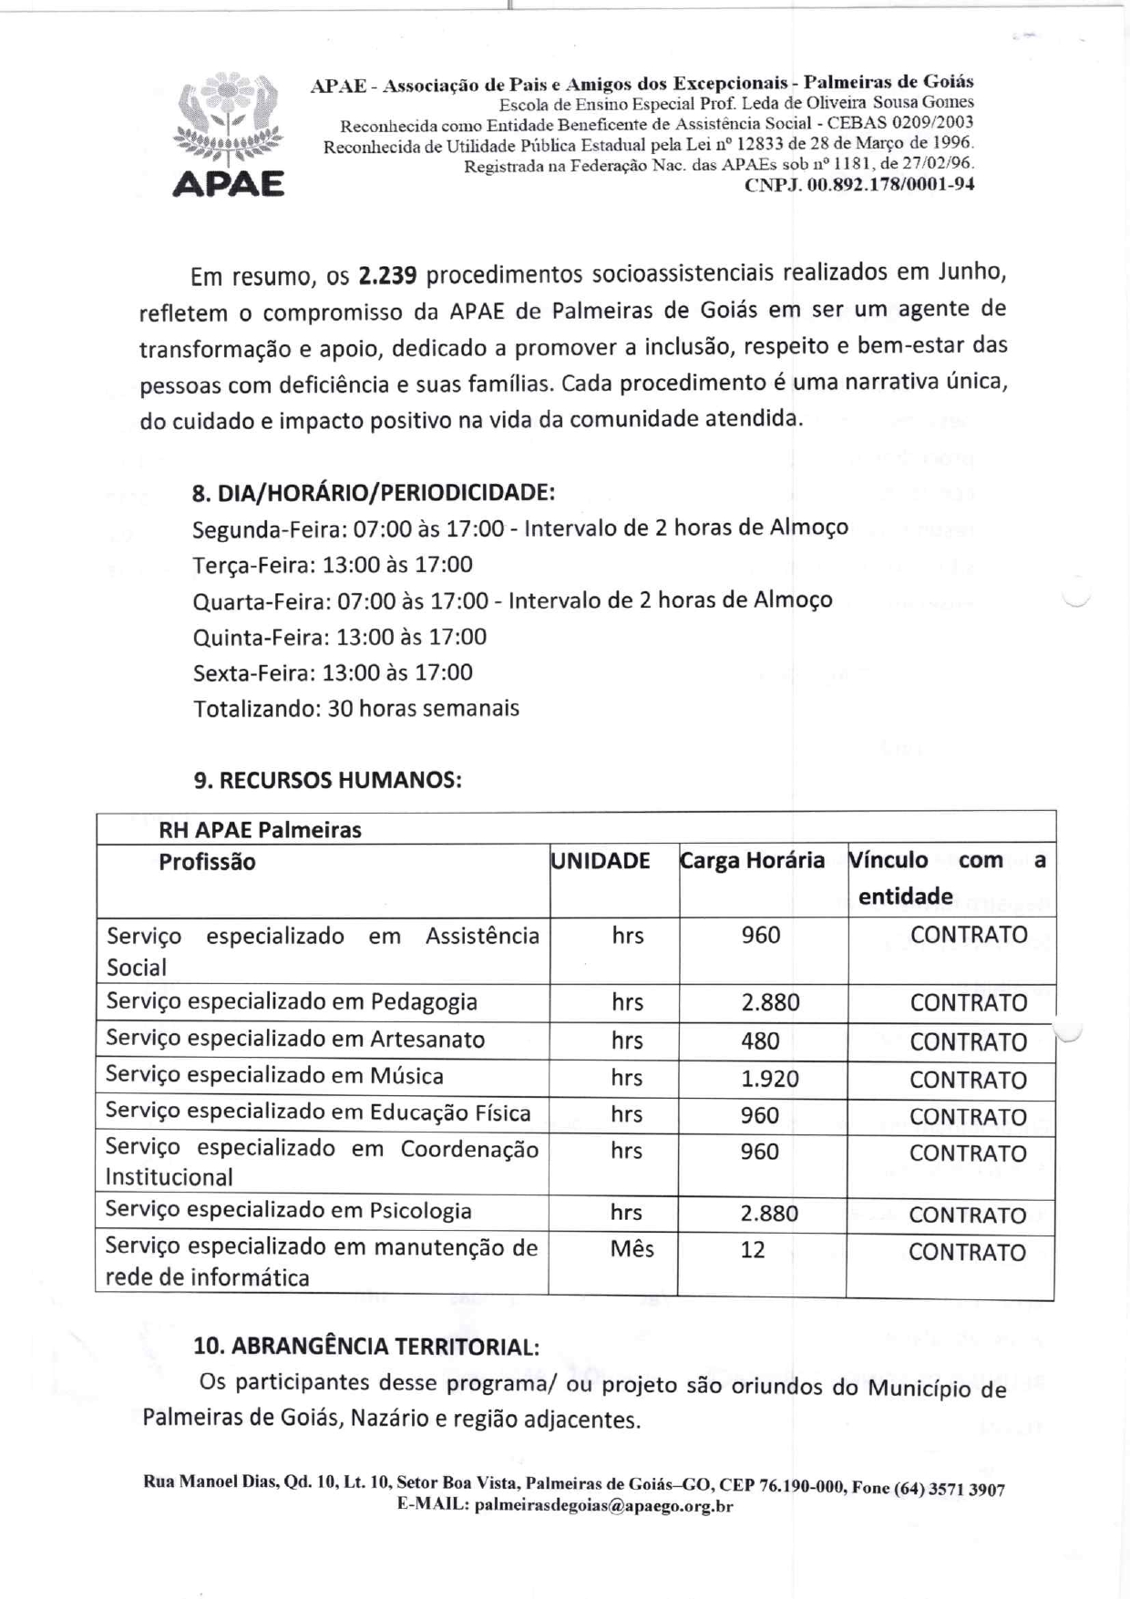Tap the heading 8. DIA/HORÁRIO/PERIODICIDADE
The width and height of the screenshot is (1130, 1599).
point(374,493)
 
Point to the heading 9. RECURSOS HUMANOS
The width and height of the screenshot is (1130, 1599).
point(327,781)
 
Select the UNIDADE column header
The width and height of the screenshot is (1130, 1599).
point(601,861)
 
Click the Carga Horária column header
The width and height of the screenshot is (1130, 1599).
point(753,861)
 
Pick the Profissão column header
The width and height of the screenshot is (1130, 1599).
point(207,862)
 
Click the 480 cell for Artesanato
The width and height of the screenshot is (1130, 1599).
point(760,1040)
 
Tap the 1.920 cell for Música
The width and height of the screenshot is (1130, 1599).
point(769,1079)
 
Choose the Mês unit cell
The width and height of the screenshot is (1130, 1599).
point(632,1249)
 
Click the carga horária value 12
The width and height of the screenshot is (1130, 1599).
point(753,1250)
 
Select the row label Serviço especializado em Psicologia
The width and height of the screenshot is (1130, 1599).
point(288,1211)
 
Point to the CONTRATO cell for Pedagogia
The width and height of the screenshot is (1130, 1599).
point(968,1003)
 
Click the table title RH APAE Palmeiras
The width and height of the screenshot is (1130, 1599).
point(260,830)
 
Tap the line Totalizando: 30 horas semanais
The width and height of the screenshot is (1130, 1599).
point(356,709)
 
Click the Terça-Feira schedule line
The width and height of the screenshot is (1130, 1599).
point(333,565)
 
